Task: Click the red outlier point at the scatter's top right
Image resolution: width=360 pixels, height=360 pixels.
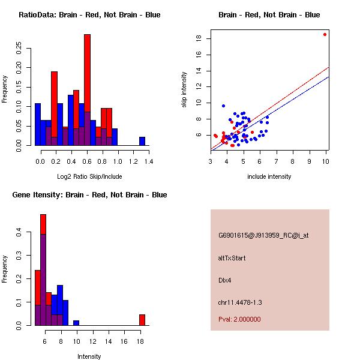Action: [x=325, y=34]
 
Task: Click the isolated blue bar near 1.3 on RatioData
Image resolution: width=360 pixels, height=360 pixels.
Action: [x=142, y=141]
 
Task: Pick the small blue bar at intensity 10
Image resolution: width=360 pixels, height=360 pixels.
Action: [x=76, y=323]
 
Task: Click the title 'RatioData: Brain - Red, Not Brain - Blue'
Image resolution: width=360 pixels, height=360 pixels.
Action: [x=89, y=15]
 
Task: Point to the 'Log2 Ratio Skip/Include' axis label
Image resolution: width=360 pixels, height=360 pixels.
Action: [x=89, y=177]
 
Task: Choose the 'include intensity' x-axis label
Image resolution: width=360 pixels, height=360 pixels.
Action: [x=269, y=177]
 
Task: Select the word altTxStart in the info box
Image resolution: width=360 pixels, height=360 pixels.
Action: [x=232, y=259]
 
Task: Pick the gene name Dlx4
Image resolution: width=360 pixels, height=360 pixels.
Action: [x=225, y=280]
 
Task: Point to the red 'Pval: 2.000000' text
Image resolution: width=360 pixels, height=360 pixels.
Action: [x=239, y=319]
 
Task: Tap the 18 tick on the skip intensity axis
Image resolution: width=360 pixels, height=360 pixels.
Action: [x=197, y=39]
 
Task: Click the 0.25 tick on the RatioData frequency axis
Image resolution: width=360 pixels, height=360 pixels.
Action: [x=20, y=46]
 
